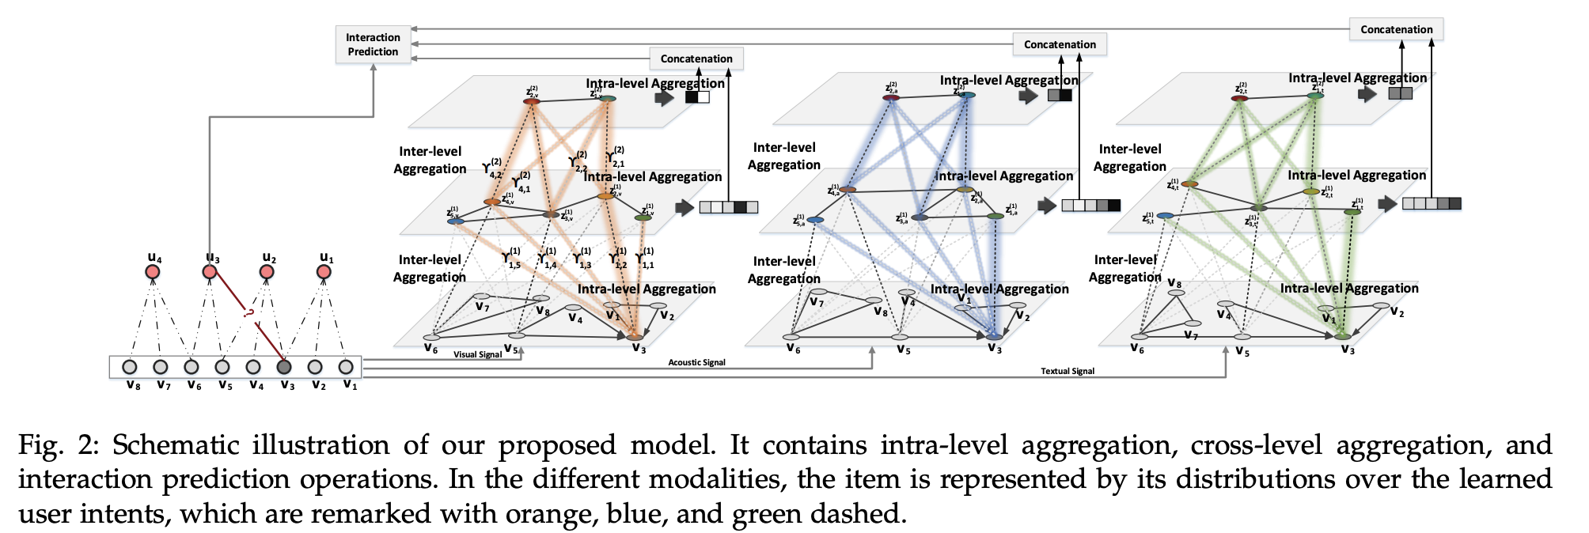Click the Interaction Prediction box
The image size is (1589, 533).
coord(373,44)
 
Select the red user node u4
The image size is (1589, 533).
coord(153,272)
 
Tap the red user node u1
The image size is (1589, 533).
coord(324,272)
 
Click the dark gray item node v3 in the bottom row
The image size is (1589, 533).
coord(284,367)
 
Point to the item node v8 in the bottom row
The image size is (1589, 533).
coord(130,367)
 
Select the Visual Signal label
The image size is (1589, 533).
coord(477,355)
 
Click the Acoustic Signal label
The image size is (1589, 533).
coord(696,363)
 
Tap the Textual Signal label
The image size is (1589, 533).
coord(1068,371)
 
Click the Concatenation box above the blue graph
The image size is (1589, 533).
coord(1060,44)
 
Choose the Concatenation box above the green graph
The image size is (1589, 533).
coord(1396,29)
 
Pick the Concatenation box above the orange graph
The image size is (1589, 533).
coord(696,59)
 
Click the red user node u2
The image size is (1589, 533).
coord(267,272)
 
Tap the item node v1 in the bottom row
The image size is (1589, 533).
coord(346,367)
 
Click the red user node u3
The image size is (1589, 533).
coord(210,272)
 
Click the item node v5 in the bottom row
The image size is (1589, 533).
coord(222,367)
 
